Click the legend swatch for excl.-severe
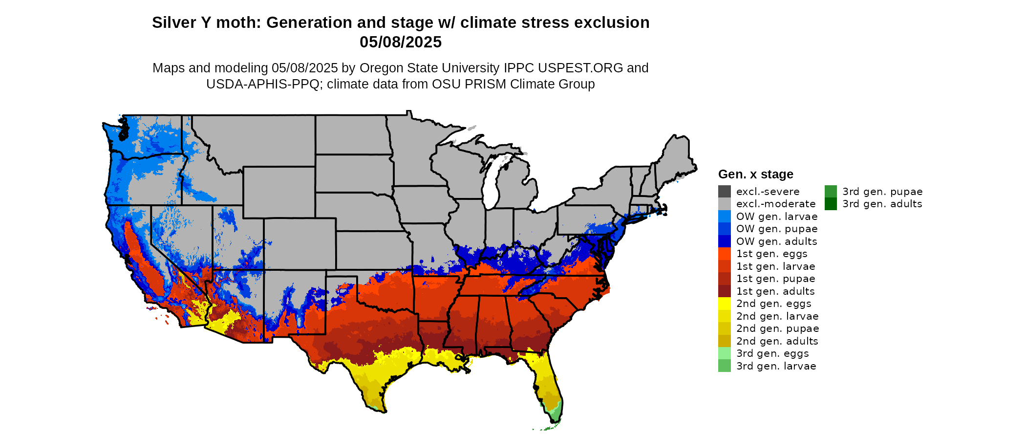725,192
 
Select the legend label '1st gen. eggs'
771,254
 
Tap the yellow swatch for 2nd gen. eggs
725,304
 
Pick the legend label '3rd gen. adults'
882,204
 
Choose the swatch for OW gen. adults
725,241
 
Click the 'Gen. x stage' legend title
755,174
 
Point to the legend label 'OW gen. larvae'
777,217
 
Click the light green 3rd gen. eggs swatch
725,353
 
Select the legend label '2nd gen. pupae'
777,328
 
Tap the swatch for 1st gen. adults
725,291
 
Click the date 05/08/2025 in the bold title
401,42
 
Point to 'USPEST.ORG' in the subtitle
580,68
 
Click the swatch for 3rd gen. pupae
831,192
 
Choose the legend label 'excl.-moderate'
775,204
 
